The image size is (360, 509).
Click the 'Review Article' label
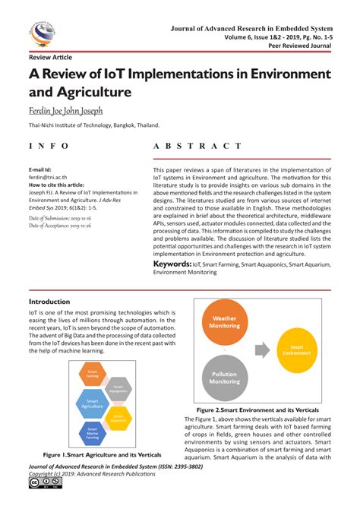point(50,58)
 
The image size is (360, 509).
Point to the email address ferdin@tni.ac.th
point(49,176)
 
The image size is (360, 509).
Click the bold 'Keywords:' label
point(172,263)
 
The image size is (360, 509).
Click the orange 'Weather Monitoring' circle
point(226,322)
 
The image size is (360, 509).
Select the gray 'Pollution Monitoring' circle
point(225,378)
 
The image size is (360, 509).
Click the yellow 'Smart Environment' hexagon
point(296,350)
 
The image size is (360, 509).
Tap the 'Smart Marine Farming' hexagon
point(92,434)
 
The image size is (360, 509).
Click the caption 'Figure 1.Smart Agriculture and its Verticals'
point(102,454)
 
